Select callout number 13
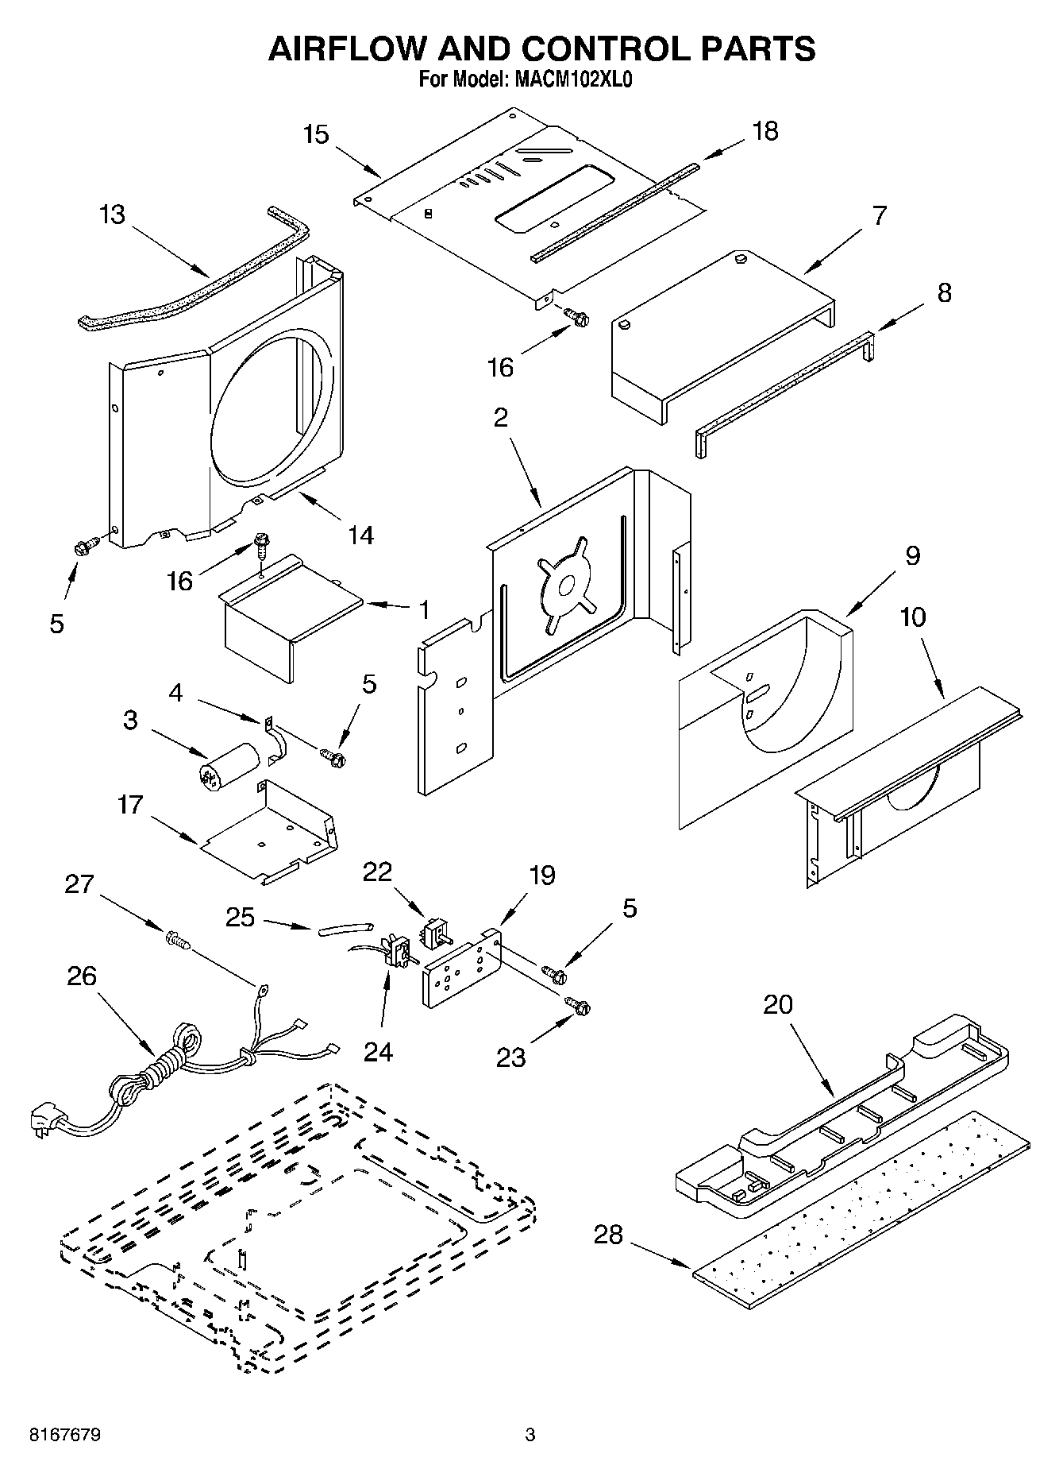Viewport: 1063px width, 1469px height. [x=113, y=215]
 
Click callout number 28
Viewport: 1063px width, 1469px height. [x=608, y=1235]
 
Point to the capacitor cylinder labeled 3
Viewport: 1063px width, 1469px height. [x=229, y=766]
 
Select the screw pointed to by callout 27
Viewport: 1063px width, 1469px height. [x=178, y=941]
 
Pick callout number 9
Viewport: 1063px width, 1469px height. [x=912, y=555]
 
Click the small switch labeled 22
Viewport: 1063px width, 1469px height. [x=434, y=934]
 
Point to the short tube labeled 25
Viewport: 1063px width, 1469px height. [x=345, y=928]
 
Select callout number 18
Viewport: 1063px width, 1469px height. [x=765, y=131]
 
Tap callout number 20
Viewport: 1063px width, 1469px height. [x=778, y=1004]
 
